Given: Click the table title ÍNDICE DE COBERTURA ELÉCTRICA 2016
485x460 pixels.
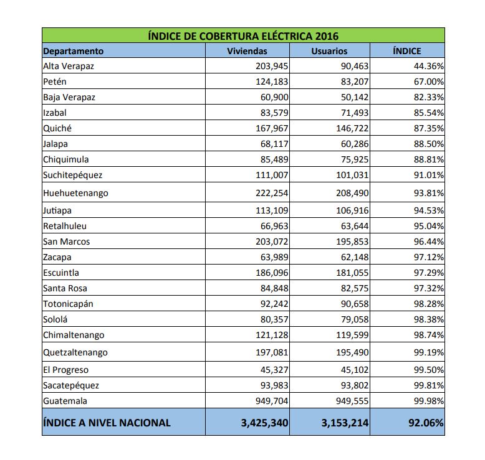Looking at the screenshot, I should tap(243, 35).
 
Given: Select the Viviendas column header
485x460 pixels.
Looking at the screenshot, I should tap(247, 51).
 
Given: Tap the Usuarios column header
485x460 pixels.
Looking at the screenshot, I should tap(329, 51).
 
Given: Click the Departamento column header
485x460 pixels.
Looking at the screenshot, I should tap(74, 51).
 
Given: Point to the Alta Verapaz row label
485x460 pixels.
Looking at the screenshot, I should tap(69, 66).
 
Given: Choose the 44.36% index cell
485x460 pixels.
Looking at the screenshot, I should tap(427, 66).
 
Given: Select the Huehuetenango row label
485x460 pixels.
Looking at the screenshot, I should tap(75, 193).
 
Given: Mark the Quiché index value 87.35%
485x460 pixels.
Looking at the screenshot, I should tap(427, 128).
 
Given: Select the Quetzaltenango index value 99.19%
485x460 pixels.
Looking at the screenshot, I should tap(427, 352).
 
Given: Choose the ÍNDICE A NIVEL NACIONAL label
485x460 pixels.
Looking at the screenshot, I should tap(107, 423).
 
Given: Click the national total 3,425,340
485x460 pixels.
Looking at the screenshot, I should tap(264, 423).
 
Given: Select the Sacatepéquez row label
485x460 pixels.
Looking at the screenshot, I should tap(71, 385).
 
